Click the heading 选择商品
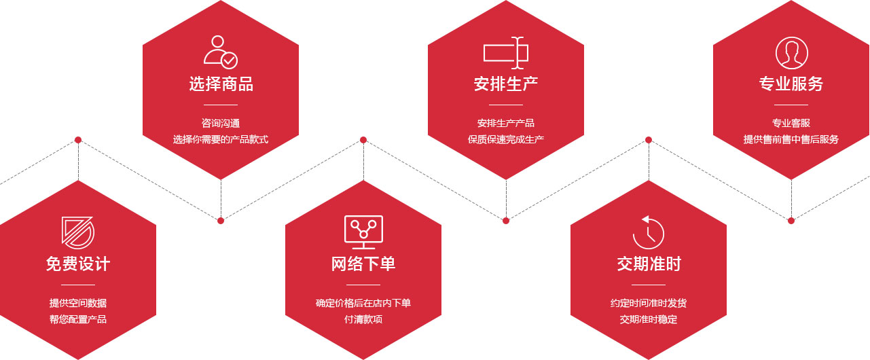pyautogui.click(x=221, y=84)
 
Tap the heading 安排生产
pyautogui.click(x=506, y=84)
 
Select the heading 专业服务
pyautogui.click(x=791, y=84)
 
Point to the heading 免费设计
pyautogui.click(x=78, y=264)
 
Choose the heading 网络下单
pyautogui.click(x=363, y=264)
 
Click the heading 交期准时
pyautogui.click(x=649, y=264)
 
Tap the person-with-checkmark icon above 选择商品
pyautogui.click(x=221, y=52)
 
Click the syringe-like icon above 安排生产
pyautogui.click(x=506, y=53)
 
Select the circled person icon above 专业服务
pyautogui.click(x=791, y=53)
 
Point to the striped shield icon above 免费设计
pyautogui.click(x=77, y=232)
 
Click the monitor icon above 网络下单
pyautogui.click(x=363, y=232)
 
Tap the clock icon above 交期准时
pyautogui.click(x=648, y=232)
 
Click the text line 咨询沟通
pyautogui.click(x=221, y=123)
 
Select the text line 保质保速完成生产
pyautogui.click(x=506, y=139)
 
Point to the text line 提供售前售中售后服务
pyautogui.click(x=791, y=139)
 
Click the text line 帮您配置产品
pyautogui.click(x=78, y=319)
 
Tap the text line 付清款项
pyautogui.click(x=363, y=319)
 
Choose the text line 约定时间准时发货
pyautogui.click(x=649, y=303)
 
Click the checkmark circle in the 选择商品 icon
pyautogui.click(x=229, y=60)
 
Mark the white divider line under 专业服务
pyautogui.click(x=791, y=105)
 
